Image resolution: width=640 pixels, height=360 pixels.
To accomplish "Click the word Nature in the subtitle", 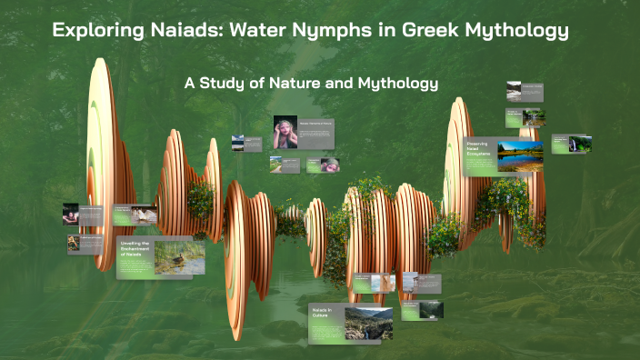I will tap(304, 84).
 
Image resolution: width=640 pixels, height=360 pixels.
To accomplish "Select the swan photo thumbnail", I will tap(142, 215).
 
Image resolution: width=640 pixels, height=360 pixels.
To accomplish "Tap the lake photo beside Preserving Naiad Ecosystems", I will tap(520, 156).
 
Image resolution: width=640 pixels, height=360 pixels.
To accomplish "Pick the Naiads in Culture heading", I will tap(325, 315).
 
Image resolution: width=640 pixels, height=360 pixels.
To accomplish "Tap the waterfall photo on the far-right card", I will tap(580, 144).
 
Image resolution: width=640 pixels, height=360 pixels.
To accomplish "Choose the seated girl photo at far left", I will tap(70, 214).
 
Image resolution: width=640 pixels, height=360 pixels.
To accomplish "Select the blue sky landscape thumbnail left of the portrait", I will tap(238, 143).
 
